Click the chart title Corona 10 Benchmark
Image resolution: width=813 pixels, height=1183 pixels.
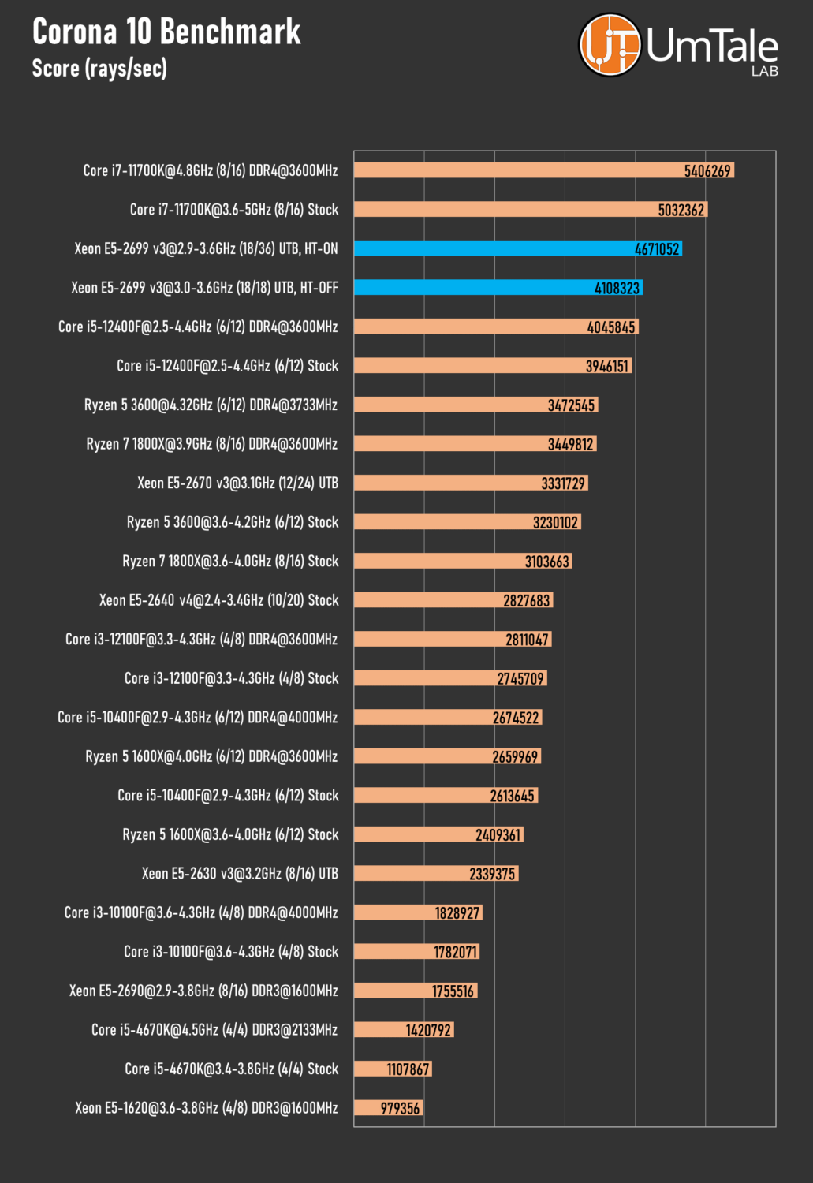[x=166, y=32]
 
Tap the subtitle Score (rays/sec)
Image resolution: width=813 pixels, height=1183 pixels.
[x=99, y=69]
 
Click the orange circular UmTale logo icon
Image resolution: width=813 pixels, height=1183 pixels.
[x=610, y=45]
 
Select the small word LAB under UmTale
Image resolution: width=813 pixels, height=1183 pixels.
[x=764, y=72]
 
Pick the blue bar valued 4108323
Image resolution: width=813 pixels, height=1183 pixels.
[x=473, y=288]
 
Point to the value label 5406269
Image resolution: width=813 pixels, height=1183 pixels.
[x=707, y=171]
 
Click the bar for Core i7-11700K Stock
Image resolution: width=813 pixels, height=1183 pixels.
[x=505, y=210]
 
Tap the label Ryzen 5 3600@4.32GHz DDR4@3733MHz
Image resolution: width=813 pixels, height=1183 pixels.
[x=211, y=405]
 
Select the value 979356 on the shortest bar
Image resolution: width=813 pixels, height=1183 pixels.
[x=400, y=1109]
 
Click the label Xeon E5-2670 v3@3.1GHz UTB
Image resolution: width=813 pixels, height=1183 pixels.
[x=237, y=483]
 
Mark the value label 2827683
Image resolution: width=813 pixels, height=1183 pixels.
[x=526, y=601]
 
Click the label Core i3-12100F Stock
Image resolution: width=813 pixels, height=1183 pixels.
[x=231, y=678]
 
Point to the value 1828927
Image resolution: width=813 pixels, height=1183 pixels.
[x=457, y=913]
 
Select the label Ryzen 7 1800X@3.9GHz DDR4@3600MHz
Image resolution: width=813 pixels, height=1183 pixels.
[x=211, y=444]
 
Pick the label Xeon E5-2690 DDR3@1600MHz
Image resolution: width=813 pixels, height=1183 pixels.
[x=203, y=991]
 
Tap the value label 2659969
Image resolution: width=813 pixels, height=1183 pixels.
[x=515, y=757]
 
